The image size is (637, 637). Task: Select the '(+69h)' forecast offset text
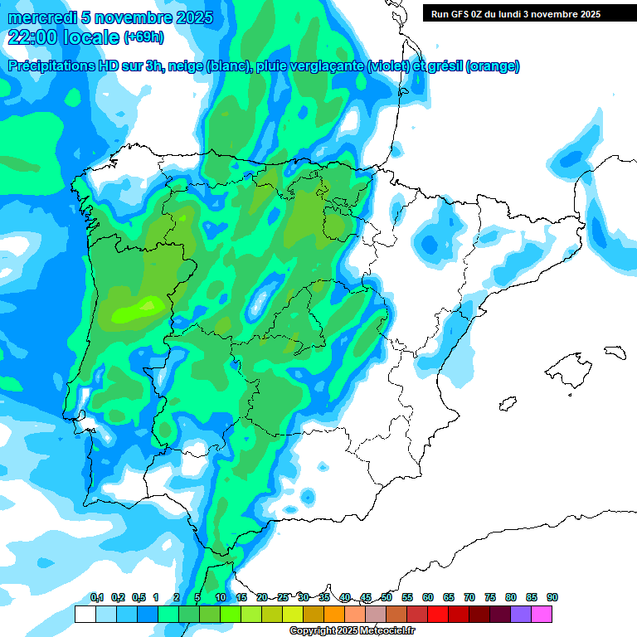point(144,37)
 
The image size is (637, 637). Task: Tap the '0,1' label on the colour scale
point(97,598)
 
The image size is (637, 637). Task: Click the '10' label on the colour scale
point(221,598)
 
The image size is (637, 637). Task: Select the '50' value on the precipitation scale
point(387,598)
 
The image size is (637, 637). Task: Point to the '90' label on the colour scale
point(552,598)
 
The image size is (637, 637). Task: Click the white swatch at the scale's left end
point(85,614)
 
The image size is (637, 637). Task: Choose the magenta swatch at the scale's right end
point(542,614)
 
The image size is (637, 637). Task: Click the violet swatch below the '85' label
point(521,614)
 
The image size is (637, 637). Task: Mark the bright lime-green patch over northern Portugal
point(137,311)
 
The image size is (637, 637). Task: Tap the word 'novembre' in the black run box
point(553,14)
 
